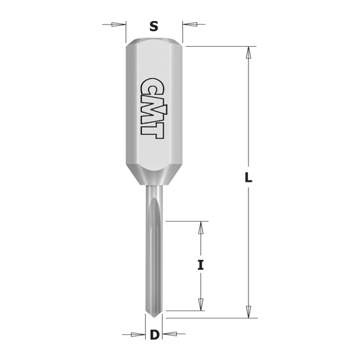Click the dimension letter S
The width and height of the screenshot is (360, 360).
154,26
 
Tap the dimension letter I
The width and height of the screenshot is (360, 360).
201,265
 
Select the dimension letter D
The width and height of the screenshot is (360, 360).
155,335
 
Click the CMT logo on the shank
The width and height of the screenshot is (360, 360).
152,109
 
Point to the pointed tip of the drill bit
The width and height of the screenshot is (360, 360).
155,317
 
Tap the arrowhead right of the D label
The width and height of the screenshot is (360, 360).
169,334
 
